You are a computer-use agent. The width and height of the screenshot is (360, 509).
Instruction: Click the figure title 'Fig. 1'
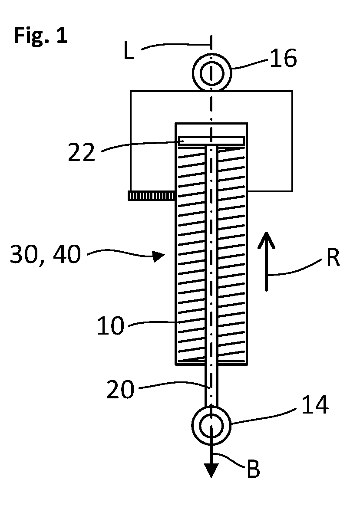(x=41, y=36)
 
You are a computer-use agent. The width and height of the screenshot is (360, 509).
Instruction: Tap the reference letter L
(x=129, y=51)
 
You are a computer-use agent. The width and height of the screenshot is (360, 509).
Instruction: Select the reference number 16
(x=283, y=59)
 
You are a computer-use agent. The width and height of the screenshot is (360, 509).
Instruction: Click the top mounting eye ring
(x=212, y=53)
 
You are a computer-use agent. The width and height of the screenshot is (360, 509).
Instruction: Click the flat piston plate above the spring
(x=211, y=141)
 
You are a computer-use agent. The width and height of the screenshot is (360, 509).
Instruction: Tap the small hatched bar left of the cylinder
(x=152, y=195)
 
